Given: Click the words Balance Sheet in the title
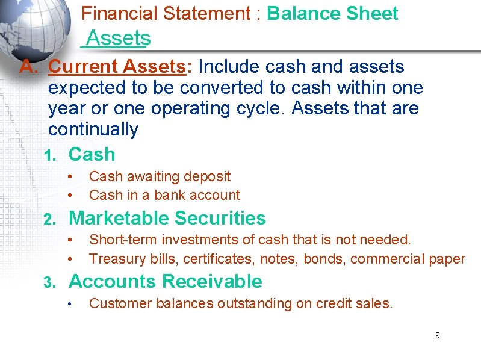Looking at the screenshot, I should [332, 14].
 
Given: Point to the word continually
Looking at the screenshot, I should [93, 129].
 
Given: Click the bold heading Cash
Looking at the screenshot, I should [92, 154].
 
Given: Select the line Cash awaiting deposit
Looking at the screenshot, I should [160, 176].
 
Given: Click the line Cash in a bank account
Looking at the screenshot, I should [164, 195].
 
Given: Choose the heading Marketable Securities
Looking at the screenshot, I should [167, 218].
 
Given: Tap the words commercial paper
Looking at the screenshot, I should [408, 259].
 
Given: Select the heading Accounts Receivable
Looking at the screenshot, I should [166, 281].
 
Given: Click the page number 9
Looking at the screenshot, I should [438, 335].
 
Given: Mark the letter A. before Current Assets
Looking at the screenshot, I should [29, 67].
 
